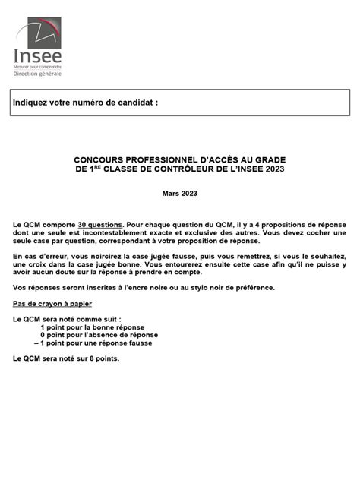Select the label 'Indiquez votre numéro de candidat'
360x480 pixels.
86,103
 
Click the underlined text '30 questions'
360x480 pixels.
100,226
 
